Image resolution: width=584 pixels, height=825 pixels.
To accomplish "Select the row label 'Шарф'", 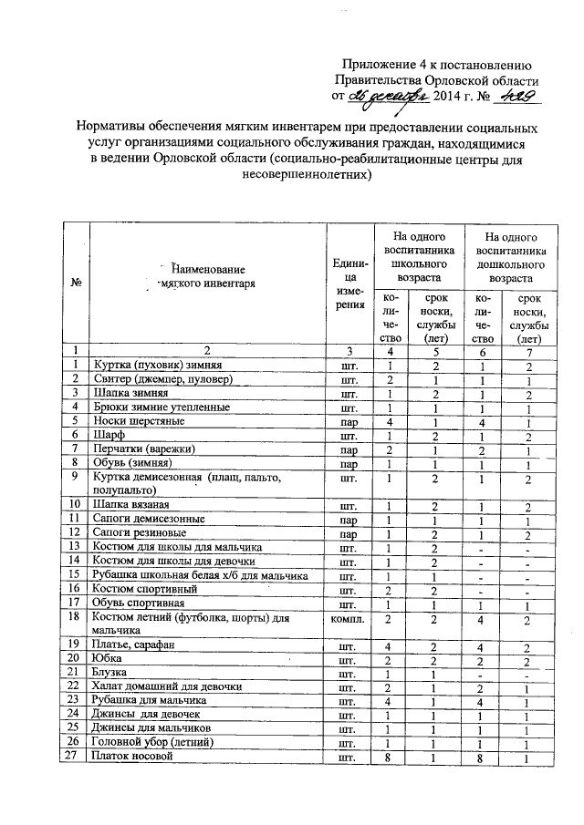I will [x=107, y=436].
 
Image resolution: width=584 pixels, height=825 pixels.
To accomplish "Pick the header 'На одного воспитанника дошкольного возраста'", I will [x=510, y=255].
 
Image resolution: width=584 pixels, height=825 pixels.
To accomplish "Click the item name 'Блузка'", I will [x=112, y=673].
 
